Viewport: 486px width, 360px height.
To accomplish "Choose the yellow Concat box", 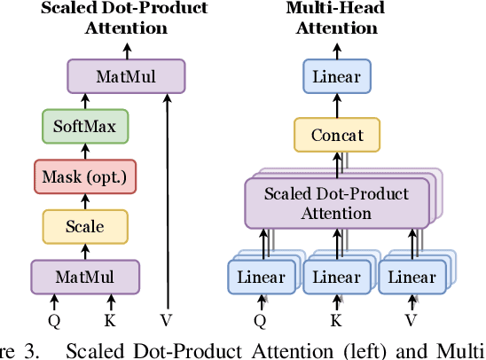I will point(336,137).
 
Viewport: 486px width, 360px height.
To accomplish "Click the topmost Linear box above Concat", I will point(336,76).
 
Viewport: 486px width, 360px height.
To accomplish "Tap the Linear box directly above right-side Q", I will point(260,277).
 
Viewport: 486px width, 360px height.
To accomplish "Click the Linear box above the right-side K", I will point(334,277).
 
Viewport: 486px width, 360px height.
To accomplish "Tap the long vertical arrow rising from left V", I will point(166,195).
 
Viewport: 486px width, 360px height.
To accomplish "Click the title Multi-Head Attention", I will point(336,18).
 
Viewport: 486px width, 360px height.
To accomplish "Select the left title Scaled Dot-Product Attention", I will point(125,18).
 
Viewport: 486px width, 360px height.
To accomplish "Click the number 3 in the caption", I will point(33,350).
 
